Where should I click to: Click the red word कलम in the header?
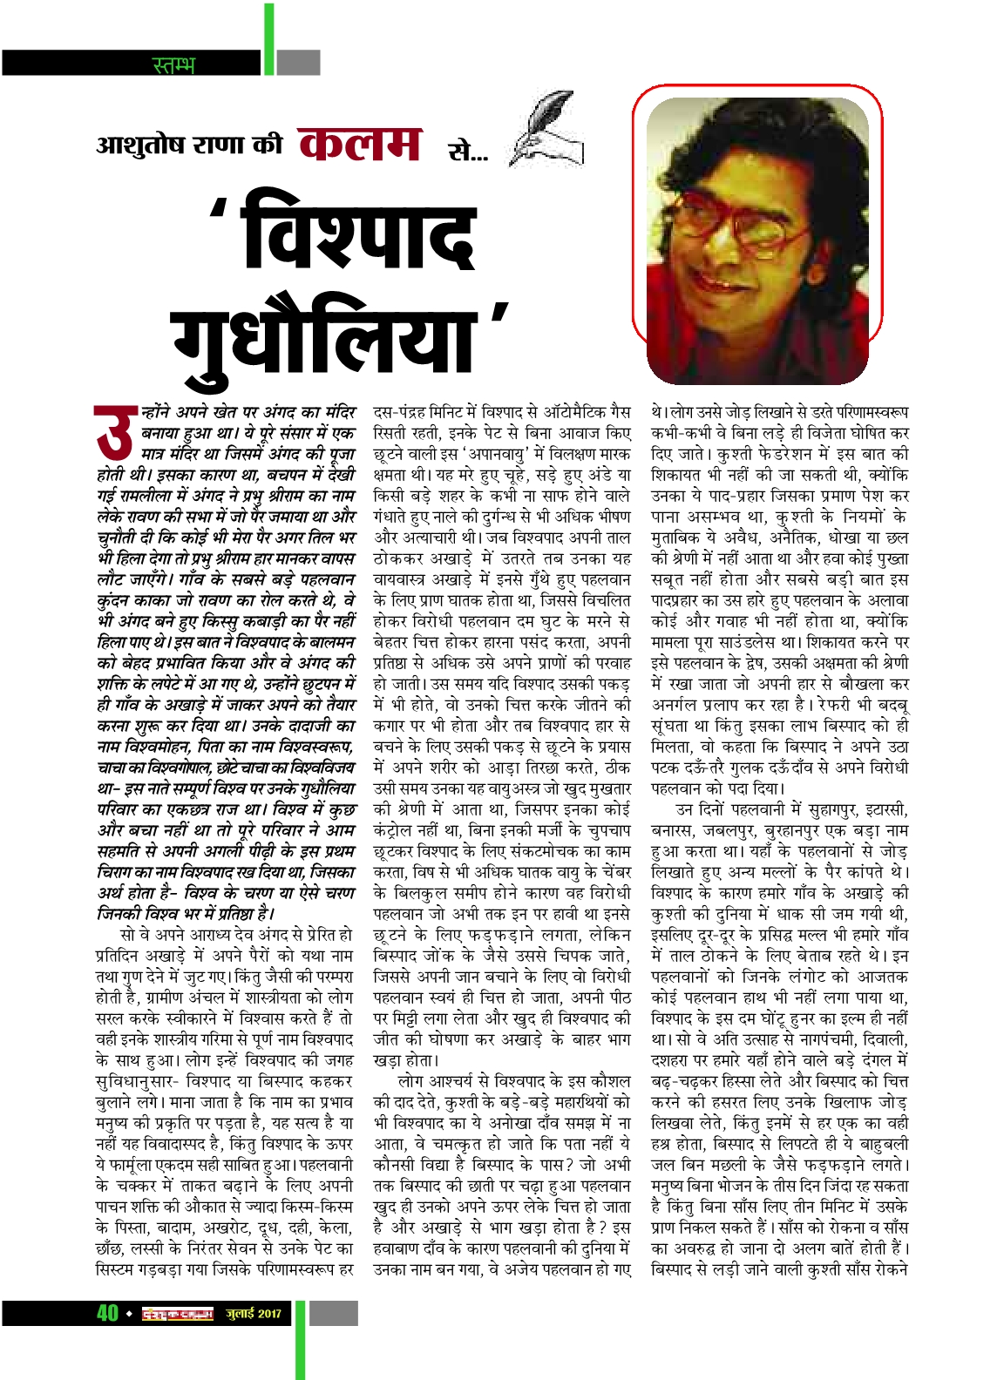[359, 145]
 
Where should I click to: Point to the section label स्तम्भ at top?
[173, 64]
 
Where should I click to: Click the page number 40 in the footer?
[107, 1313]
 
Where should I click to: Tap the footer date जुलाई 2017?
[254, 1314]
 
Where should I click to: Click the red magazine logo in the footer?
[178, 1314]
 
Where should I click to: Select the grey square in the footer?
[333, 1313]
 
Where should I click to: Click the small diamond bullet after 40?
[129, 1314]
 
